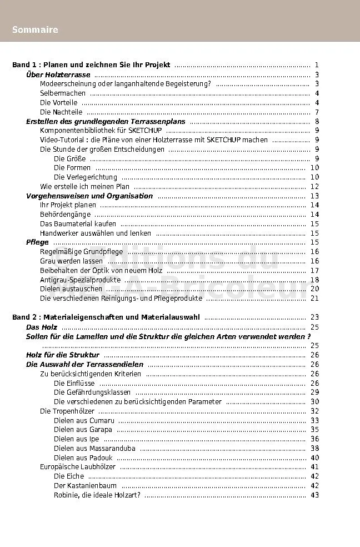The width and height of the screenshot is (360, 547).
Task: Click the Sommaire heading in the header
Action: (35, 30)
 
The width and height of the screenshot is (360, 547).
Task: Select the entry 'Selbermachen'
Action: (63, 93)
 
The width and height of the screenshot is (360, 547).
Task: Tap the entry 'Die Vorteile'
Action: (58, 103)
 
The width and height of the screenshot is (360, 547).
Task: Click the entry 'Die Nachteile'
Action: (61, 112)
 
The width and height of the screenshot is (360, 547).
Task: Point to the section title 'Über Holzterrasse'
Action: (58, 75)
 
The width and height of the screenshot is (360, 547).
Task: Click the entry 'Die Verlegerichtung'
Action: (86, 177)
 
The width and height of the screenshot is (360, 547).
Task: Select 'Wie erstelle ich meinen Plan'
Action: (85, 187)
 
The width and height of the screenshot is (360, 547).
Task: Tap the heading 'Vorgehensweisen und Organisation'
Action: (89, 196)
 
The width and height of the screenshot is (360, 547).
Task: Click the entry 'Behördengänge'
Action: (65, 215)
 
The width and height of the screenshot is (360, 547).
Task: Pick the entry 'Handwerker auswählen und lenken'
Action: (96, 233)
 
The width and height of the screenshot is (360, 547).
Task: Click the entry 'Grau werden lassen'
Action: (71, 261)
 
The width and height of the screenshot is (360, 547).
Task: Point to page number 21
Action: (314, 299)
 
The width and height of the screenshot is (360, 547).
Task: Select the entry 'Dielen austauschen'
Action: (71, 289)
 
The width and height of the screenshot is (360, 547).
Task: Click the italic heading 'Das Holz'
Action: (42, 327)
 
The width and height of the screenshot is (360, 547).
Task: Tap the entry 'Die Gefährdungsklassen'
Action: (92, 392)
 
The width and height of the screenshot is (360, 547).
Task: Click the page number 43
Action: (314, 495)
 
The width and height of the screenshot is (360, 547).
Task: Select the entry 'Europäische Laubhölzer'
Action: (78, 467)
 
